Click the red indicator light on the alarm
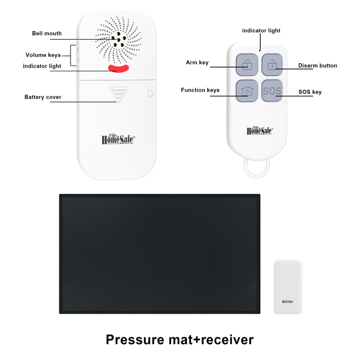pyautogui.click(x=118, y=68)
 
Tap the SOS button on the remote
pyautogui.click(x=272, y=91)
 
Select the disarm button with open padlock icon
pyautogui.click(x=272, y=65)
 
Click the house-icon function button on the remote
pyautogui.click(x=247, y=91)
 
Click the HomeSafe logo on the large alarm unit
pyautogui.click(x=118, y=139)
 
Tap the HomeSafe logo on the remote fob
pyautogui.click(x=259, y=130)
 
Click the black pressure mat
pyautogui.click(x=160, y=254)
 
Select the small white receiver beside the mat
pyautogui.click(x=288, y=287)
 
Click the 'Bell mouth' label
pyautogui.click(x=47, y=33)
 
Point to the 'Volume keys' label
pyautogui.click(x=43, y=55)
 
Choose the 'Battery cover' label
pyautogui.click(x=43, y=97)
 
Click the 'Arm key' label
pyautogui.click(x=197, y=63)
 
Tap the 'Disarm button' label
pyautogui.click(x=318, y=66)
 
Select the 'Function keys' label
pyautogui.click(x=200, y=90)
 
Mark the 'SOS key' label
pyautogui.click(x=310, y=92)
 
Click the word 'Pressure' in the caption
pyautogui.click(x=135, y=340)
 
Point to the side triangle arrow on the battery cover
pyautogui.click(x=150, y=94)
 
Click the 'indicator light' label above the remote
pyautogui.click(x=261, y=30)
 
